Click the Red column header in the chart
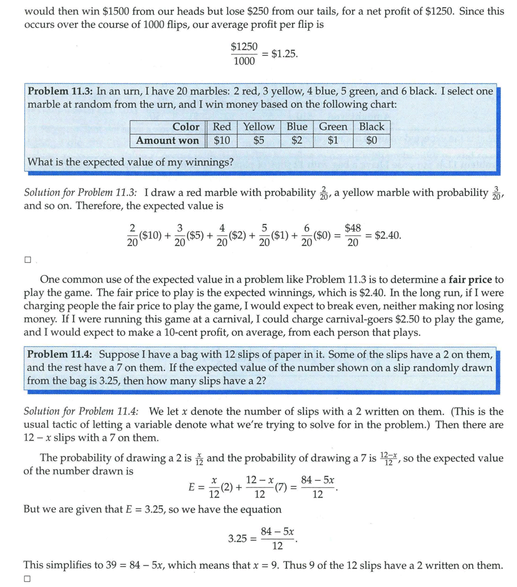222,127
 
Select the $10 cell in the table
222,141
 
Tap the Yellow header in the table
258,127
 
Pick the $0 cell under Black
372,141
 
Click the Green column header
333,127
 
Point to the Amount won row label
167,141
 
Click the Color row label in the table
186,127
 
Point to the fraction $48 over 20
353,235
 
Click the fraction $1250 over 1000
244,54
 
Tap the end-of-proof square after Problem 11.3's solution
28,260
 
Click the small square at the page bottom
28,579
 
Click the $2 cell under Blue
297,141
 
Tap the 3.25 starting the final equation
237,538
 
